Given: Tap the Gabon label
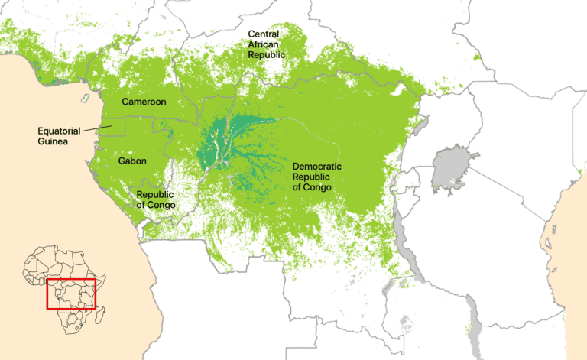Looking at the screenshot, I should (x=131, y=161).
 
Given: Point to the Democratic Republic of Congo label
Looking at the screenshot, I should (x=316, y=177).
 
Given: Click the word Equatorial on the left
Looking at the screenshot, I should (x=60, y=131).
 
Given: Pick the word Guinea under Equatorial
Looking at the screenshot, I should (x=53, y=141).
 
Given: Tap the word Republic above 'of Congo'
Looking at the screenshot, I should (x=156, y=194).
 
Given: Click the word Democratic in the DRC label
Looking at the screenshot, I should (x=316, y=166).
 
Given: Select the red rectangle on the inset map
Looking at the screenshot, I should (x=71, y=294).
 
